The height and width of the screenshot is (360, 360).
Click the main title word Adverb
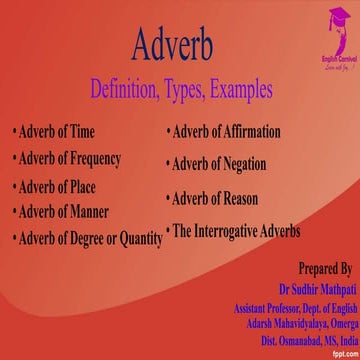click(x=179, y=43)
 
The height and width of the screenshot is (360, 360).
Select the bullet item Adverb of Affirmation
click(x=227, y=132)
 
